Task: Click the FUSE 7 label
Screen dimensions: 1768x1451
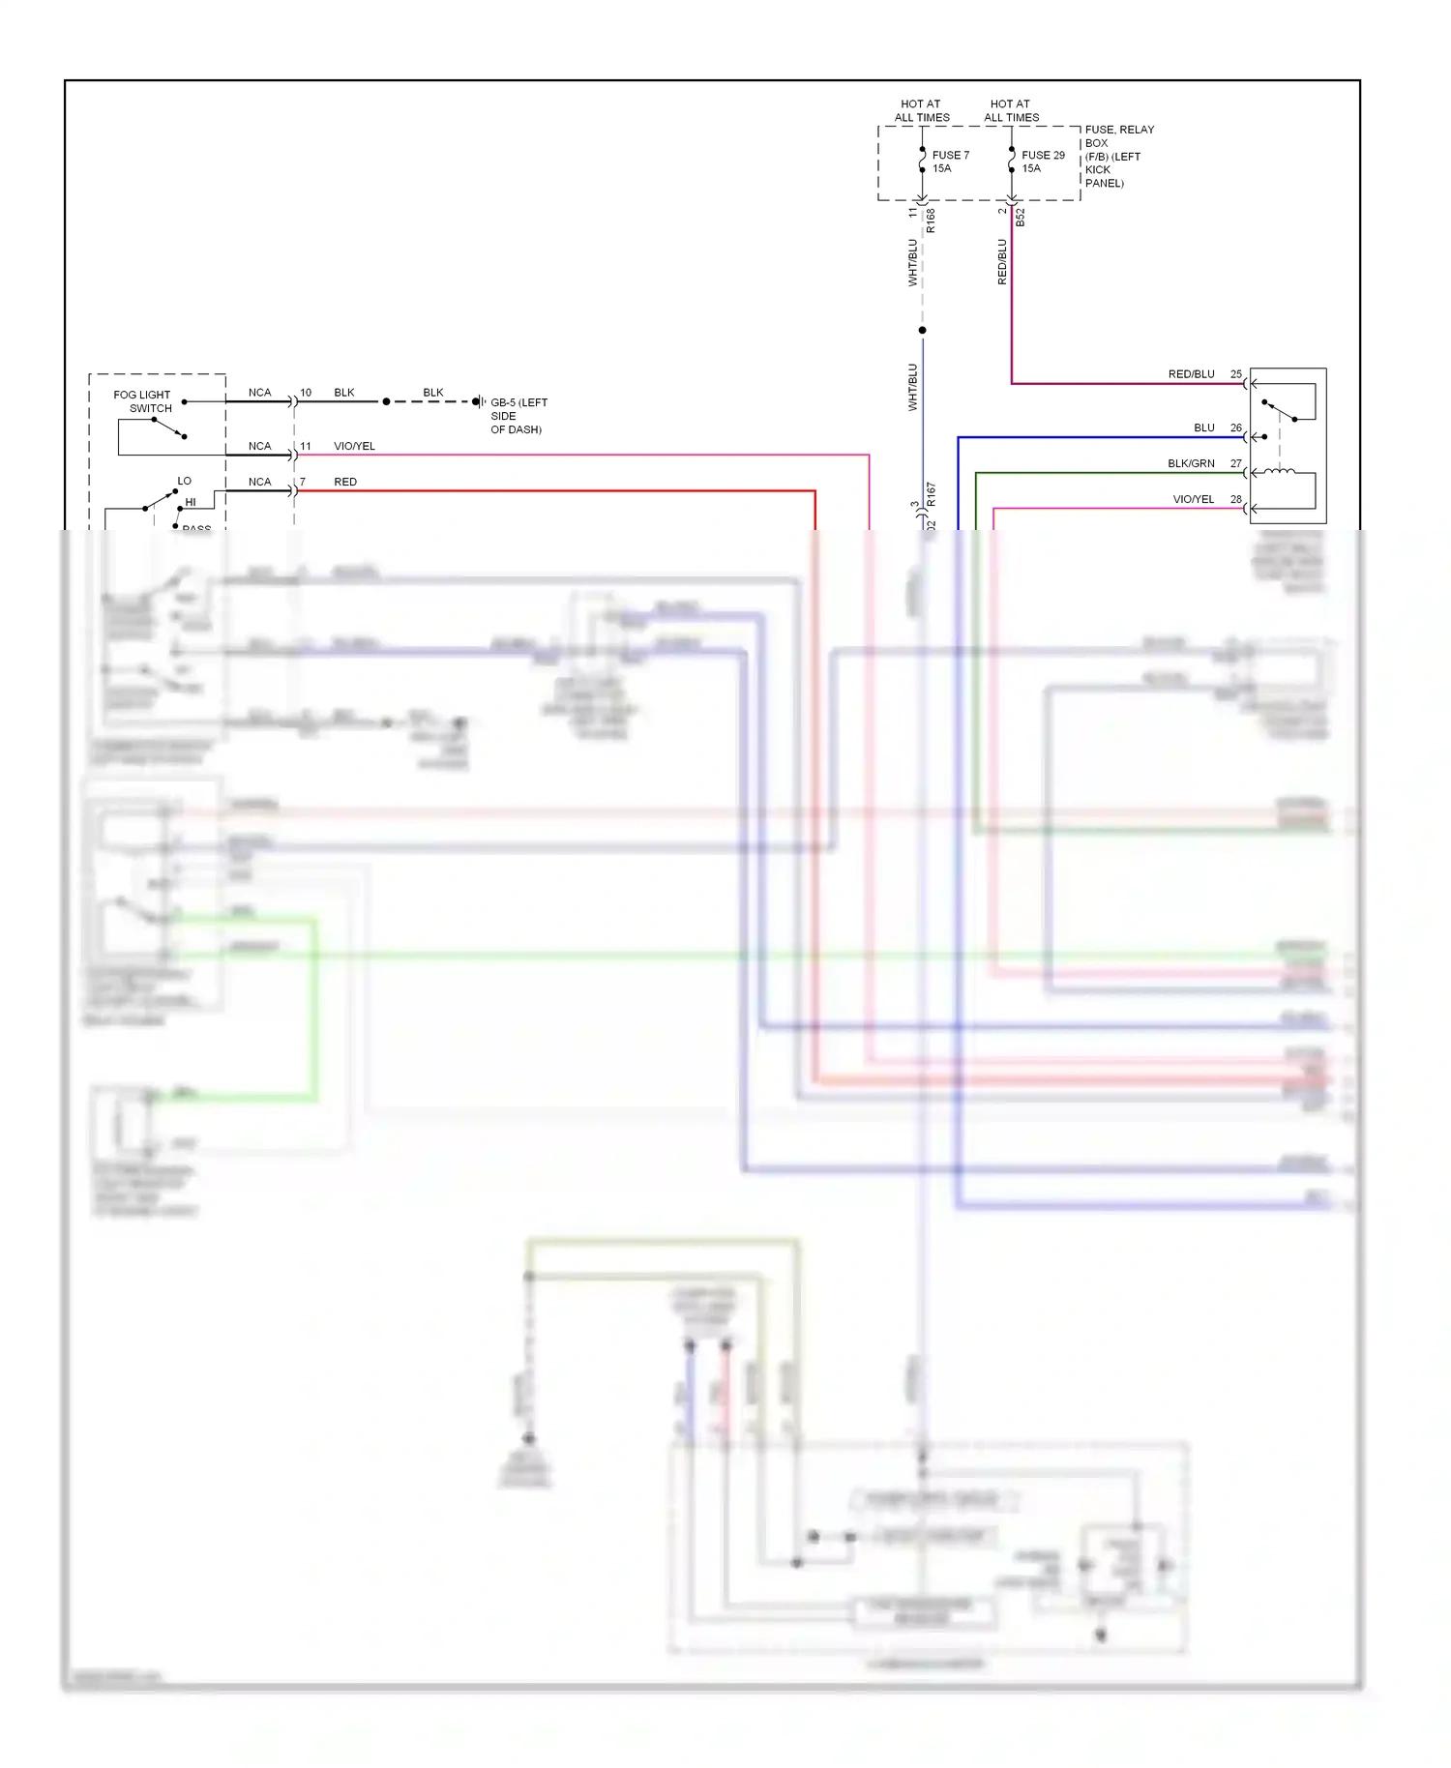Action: (950, 155)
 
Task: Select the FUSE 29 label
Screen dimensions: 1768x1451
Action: (1043, 155)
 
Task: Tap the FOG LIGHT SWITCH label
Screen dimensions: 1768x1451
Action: (142, 401)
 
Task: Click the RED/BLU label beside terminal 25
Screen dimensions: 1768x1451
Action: (1191, 374)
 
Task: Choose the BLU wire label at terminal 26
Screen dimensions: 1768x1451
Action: (1203, 427)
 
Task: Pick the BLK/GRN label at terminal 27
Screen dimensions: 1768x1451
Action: (1191, 463)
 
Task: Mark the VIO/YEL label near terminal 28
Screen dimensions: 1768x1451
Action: (1193, 499)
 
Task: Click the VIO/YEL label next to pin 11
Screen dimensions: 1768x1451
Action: (354, 446)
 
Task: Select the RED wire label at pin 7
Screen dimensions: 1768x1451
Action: (345, 482)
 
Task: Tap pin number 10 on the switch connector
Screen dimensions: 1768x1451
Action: (306, 393)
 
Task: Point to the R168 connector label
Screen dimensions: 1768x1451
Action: (931, 221)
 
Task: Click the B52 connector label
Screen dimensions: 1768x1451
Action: (1021, 219)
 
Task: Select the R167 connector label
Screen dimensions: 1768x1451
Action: (931, 495)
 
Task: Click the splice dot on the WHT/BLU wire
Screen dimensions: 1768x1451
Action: (922, 331)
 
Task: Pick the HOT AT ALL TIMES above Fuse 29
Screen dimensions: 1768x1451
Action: (1011, 110)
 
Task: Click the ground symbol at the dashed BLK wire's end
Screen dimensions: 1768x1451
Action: (478, 401)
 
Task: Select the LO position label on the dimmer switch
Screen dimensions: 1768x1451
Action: (184, 481)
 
